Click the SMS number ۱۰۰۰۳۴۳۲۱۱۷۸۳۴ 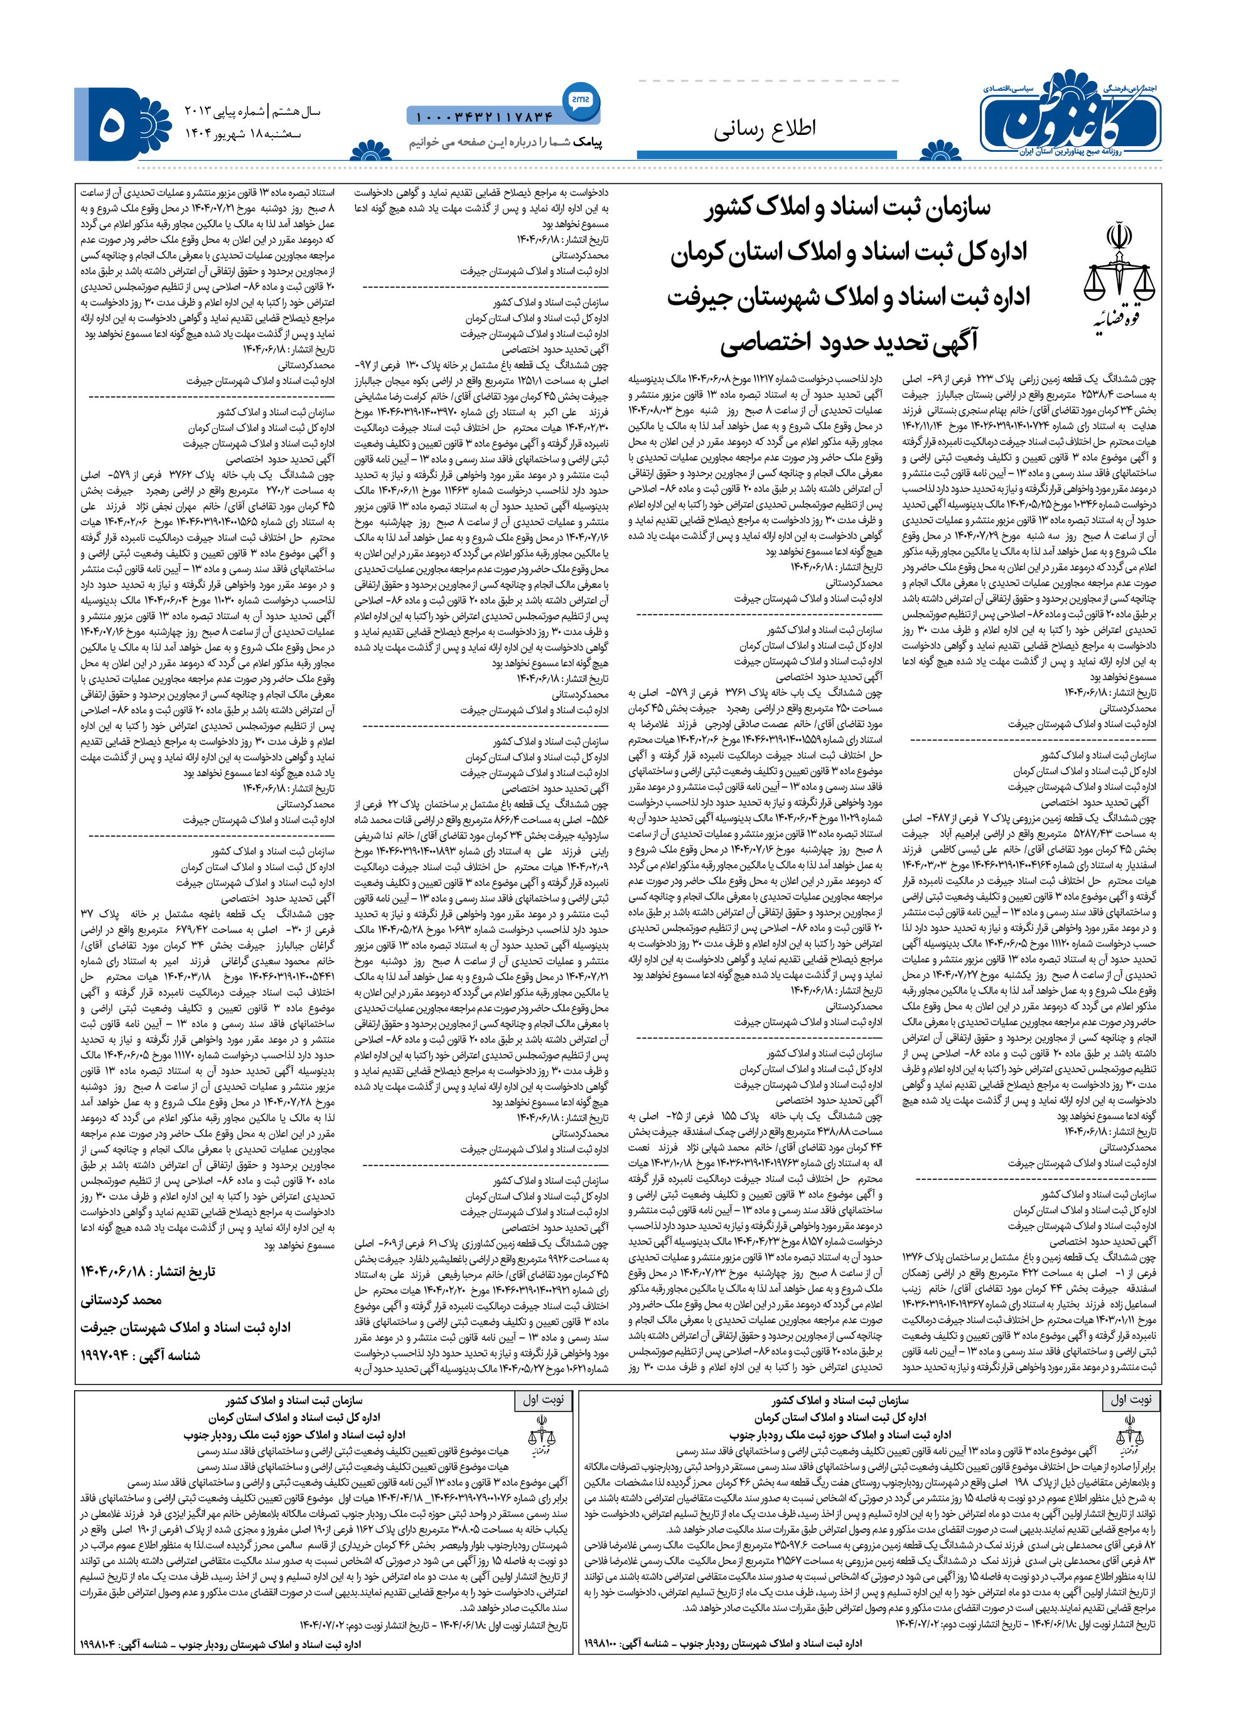pos(483,117)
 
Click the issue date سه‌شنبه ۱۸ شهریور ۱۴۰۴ pos(243,134)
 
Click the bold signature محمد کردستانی pos(121,1300)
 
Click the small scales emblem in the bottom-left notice pos(541,1437)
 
